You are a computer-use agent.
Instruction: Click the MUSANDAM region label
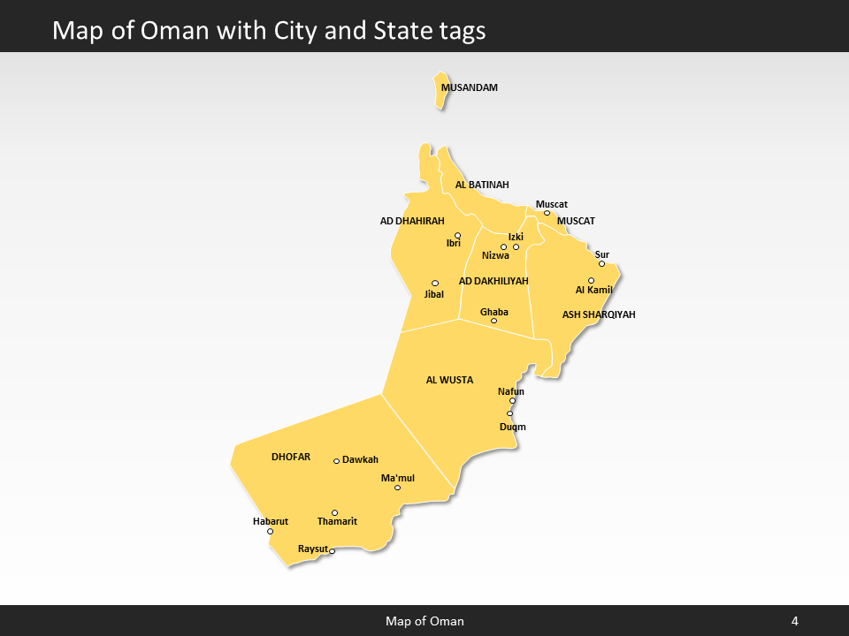coord(470,87)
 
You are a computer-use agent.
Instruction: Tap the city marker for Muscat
coord(547,213)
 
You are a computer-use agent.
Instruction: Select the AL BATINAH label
coord(482,185)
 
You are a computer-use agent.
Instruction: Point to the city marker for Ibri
coord(457,235)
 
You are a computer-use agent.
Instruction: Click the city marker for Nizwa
coord(503,247)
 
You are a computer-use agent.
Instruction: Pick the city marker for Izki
coord(516,246)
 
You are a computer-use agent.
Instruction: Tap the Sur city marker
coord(601,263)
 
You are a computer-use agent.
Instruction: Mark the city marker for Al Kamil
coord(591,281)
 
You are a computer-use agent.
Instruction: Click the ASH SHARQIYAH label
coord(599,314)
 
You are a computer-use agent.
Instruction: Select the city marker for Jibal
coord(434,284)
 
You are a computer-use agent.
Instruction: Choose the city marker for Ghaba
coord(493,321)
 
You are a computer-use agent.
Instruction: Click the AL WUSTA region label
coord(449,380)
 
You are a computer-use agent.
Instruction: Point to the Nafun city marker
coord(512,401)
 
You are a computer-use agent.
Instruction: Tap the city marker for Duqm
coord(509,413)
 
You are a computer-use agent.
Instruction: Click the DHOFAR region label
coord(291,457)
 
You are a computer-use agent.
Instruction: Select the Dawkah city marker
coord(336,461)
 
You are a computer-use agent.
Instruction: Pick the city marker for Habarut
coord(270,531)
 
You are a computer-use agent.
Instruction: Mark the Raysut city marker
coord(332,551)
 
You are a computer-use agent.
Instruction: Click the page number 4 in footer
coord(794,621)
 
